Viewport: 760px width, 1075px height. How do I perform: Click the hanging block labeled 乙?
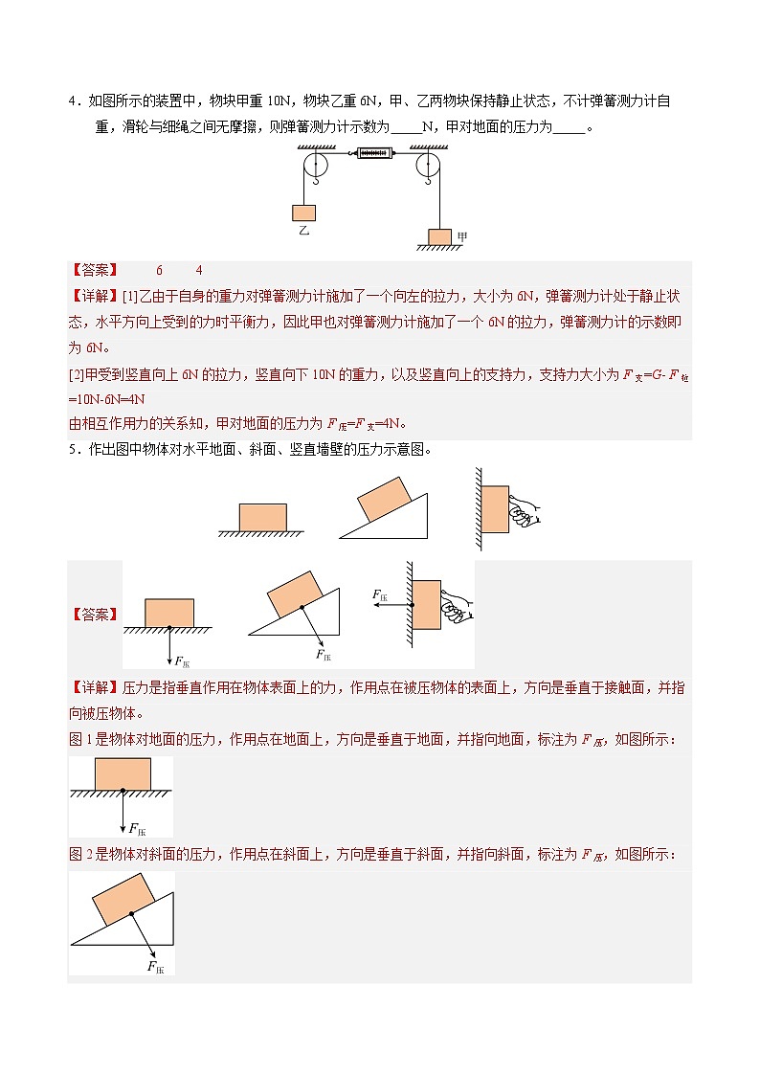304,213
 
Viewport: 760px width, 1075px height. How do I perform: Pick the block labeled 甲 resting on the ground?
439,236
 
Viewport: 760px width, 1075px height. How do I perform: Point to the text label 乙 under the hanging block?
304,232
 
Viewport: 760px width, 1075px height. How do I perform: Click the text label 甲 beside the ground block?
462,235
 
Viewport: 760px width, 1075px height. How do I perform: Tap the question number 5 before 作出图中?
72,449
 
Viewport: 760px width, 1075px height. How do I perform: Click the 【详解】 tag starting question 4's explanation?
95,296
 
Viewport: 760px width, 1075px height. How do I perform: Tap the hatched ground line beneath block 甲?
439,248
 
